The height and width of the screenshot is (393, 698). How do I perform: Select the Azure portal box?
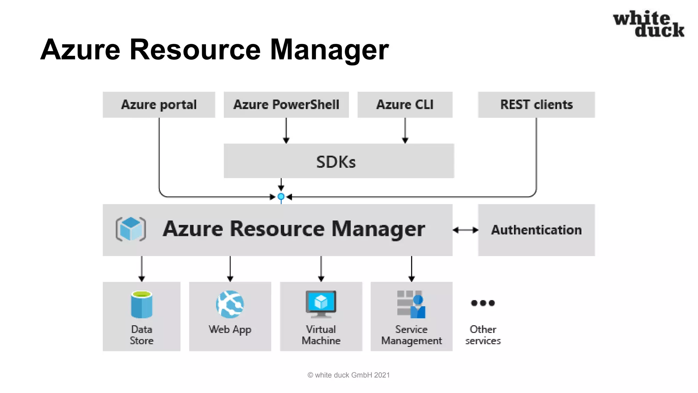click(159, 105)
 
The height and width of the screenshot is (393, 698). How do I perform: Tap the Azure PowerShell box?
click(286, 105)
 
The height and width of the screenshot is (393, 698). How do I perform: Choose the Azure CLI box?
click(405, 105)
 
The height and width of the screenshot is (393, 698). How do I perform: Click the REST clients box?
click(536, 105)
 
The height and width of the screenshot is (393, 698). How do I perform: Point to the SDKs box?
click(338, 161)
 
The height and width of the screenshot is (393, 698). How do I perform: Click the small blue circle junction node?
click(281, 196)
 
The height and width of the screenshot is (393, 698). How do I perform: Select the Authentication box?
click(536, 230)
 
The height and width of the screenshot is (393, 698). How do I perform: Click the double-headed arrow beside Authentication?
click(465, 230)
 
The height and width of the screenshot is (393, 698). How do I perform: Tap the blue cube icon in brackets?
click(131, 229)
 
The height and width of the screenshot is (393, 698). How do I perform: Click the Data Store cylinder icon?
click(141, 304)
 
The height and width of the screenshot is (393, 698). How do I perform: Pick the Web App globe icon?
click(230, 304)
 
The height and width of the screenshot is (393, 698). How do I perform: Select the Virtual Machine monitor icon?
click(321, 303)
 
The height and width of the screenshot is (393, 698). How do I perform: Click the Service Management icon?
click(411, 304)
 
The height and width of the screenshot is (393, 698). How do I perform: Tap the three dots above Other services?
click(483, 303)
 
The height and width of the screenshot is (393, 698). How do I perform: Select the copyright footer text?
click(348, 375)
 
